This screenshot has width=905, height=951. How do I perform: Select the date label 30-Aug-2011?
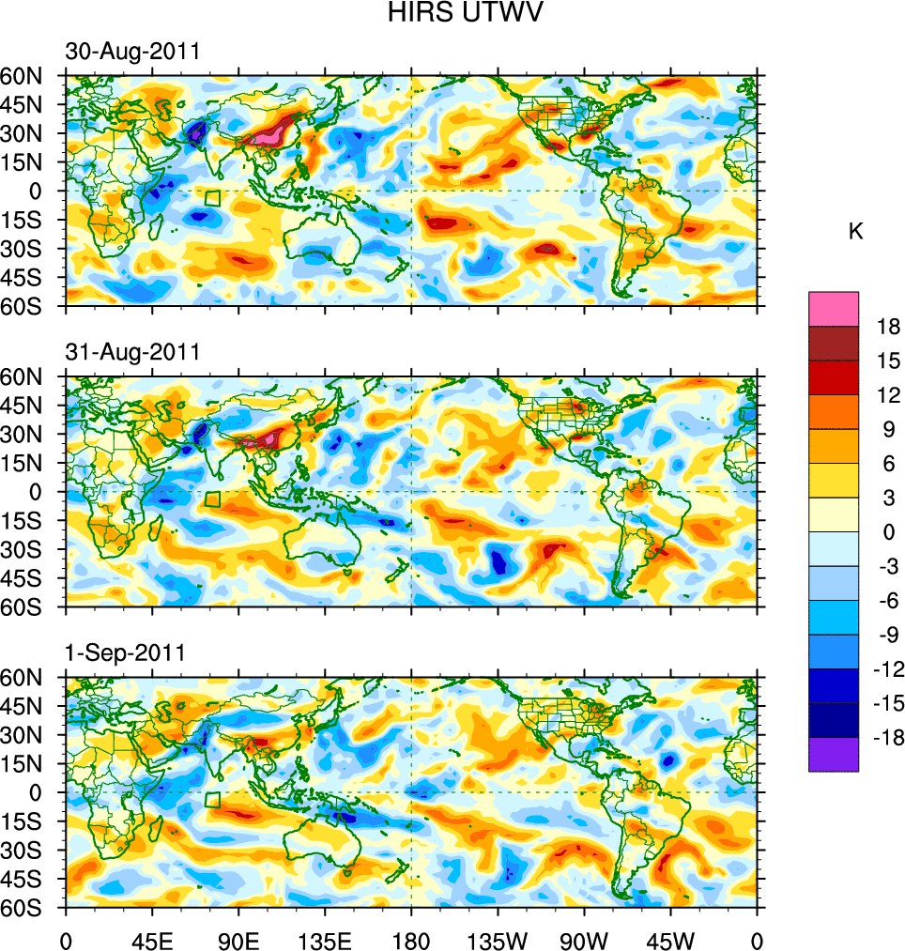click(x=132, y=53)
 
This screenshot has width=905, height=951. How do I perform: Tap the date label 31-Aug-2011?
click(x=132, y=352)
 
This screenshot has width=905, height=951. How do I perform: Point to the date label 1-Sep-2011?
click(x=125, y=652)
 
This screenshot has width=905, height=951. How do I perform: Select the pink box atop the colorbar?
click(x=834, y=308)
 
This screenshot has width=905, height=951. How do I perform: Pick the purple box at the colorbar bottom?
click(x=834, y=754)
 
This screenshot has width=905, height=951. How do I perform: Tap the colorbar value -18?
click(x=886, y=737)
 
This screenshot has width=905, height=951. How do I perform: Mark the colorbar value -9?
click(x=886, y=635)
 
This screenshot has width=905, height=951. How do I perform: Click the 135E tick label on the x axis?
click(x=325, y=939)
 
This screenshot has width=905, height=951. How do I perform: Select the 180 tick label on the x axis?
click(x=411, y=939)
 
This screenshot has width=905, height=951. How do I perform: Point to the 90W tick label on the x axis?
click(x=583, y=939)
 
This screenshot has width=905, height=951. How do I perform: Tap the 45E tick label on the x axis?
click(x=152, y=939)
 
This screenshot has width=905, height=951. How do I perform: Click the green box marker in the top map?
click(x=212, y=198)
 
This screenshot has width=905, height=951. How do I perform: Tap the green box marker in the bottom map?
click(x=212, y=800)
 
